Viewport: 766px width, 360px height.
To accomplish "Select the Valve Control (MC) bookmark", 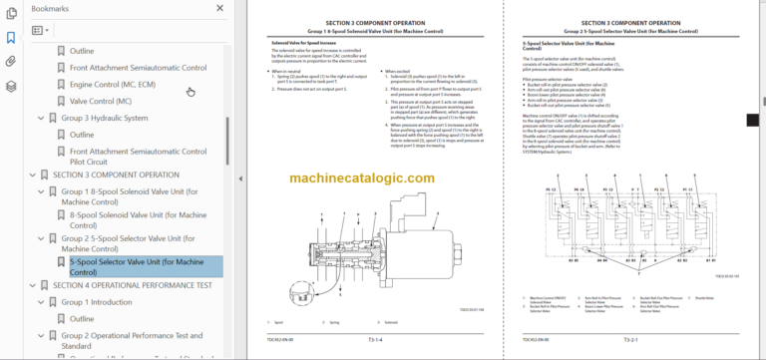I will [x=100, y=101].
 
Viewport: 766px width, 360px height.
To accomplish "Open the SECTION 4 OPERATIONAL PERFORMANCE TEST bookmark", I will [x=132, y=284].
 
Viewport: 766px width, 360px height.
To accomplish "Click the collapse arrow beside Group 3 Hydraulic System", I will [x=40, y=118].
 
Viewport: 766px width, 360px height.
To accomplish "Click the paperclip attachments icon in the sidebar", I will [x=11, y=62].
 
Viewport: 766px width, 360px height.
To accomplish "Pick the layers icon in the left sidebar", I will [x=11, y=86].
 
